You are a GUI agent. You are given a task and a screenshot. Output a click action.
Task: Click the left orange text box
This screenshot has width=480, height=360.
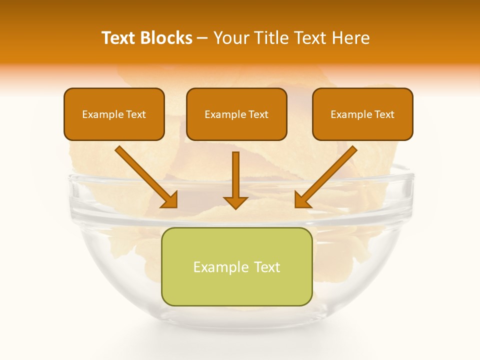(x=114, y=114)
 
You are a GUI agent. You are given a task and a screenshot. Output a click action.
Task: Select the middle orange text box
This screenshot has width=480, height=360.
(x=236, y=114)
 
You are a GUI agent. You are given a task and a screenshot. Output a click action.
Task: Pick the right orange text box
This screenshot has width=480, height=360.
(x=362, y=114)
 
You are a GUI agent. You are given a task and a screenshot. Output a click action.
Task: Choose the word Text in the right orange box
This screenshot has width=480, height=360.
(x=384, y=114)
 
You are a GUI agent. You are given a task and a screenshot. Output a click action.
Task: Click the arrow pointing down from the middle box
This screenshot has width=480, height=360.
(x=235, y=180)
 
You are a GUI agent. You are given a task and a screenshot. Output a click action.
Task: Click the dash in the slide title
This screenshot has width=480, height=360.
(x=202, y=38)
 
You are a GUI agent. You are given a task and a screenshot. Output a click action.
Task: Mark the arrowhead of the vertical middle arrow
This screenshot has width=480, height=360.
(x=235, y=202)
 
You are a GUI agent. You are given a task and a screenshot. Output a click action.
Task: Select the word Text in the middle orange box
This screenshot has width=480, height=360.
(x=258, y=114)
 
